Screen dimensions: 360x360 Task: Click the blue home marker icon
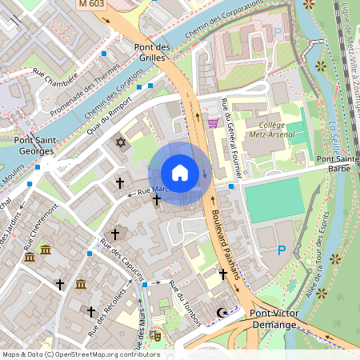pos(180,173)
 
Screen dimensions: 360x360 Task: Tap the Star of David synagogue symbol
pos(122,142)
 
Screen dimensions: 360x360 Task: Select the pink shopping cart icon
pos(213,122)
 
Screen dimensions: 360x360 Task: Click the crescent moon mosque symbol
pos(222,312)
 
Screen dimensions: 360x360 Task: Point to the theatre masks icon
pos(156,337)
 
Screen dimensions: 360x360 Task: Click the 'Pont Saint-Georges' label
pos(34,145)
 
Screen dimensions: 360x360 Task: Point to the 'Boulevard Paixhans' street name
pos(226,245)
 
